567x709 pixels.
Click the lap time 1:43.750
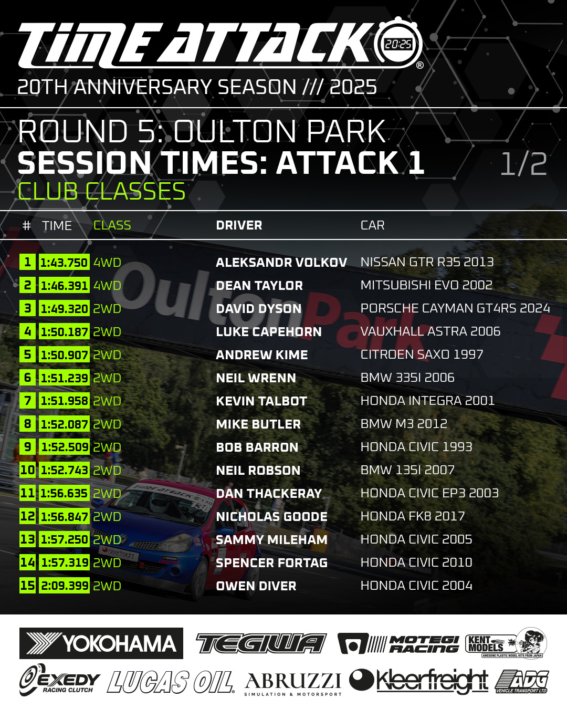64,262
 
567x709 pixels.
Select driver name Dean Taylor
259,286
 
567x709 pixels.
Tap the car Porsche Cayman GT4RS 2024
455,308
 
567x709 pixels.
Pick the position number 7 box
27,401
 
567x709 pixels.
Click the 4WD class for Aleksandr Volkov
107,263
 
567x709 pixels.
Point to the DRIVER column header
239,225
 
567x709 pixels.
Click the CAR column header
372,225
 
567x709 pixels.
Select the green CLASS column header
112,225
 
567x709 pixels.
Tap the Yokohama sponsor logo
101,643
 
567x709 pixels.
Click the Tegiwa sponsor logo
261,643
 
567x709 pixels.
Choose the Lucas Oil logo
170,682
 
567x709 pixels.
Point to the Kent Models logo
506,643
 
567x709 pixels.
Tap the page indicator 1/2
523,164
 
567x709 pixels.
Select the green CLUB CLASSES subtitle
101,191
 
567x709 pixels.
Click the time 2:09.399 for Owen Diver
64,586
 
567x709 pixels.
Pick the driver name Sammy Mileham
271,540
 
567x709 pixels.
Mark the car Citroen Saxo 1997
422,354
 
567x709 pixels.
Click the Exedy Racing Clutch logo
59,681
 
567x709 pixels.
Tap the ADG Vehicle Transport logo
522,682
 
